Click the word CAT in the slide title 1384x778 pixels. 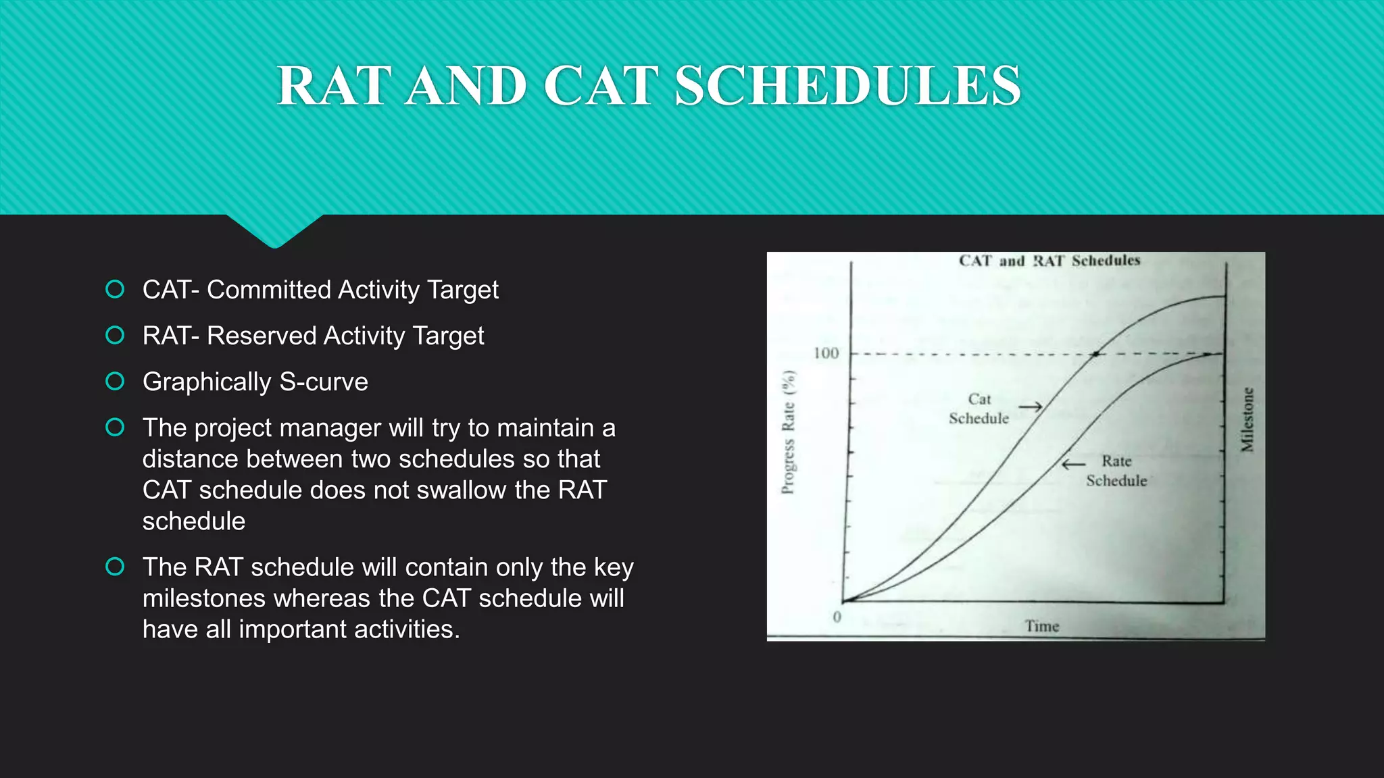coord(600,86)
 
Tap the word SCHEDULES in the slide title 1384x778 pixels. coord(847,86)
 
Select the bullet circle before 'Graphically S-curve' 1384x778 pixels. coord(115,382)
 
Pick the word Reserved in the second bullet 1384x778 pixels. coord(261,336)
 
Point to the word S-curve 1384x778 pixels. coord(324,382)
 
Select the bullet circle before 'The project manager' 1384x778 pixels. coord(115,427)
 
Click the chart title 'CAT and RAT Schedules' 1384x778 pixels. coord(1049,261)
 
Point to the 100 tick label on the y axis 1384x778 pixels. coord(826,353)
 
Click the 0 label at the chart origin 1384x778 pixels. coord(837,617)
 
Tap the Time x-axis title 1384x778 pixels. coord(1041,626)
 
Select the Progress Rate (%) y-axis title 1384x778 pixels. coord(788,432)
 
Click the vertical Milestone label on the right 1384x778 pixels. coord(1247,419)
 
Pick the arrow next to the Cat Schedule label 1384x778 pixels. coord(1031,407)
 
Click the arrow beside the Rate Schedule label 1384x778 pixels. coord(1073,464)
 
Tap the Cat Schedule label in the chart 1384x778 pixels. coord(979,409)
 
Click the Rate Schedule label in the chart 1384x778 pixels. coord(1116,471)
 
